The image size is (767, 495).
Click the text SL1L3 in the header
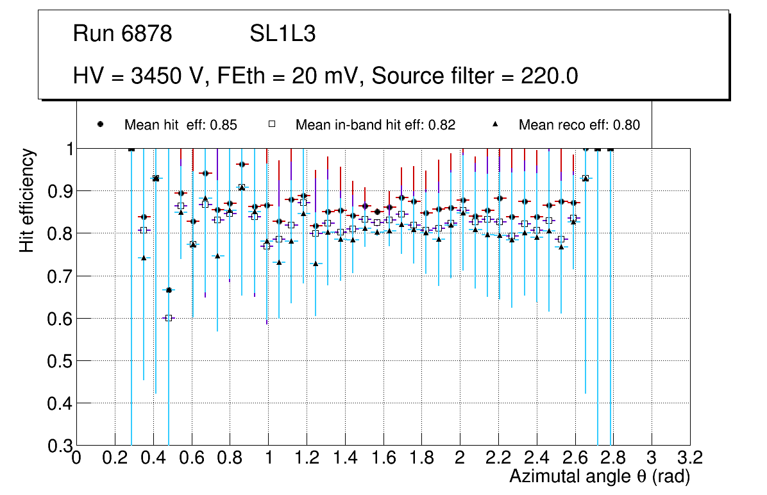[282, 35]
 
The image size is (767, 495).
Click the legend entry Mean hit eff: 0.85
[180, 125]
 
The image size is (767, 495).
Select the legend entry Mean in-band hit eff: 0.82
[375, 125]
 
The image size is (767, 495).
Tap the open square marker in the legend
[272, 124]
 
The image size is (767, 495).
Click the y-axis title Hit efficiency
[27, 200]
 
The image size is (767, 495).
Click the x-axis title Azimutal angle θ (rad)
[600, 477]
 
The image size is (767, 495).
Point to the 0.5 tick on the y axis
[58, 361]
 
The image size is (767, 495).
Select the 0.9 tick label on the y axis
[58, 191]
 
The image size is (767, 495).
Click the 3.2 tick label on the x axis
[689, 458]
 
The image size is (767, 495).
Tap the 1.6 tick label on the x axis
[383, 458]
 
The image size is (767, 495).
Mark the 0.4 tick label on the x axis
[153, 458]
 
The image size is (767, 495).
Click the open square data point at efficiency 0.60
[169, 318]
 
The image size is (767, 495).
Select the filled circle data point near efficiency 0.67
[169, 290]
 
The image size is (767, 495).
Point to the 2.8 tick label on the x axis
[613, 458]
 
